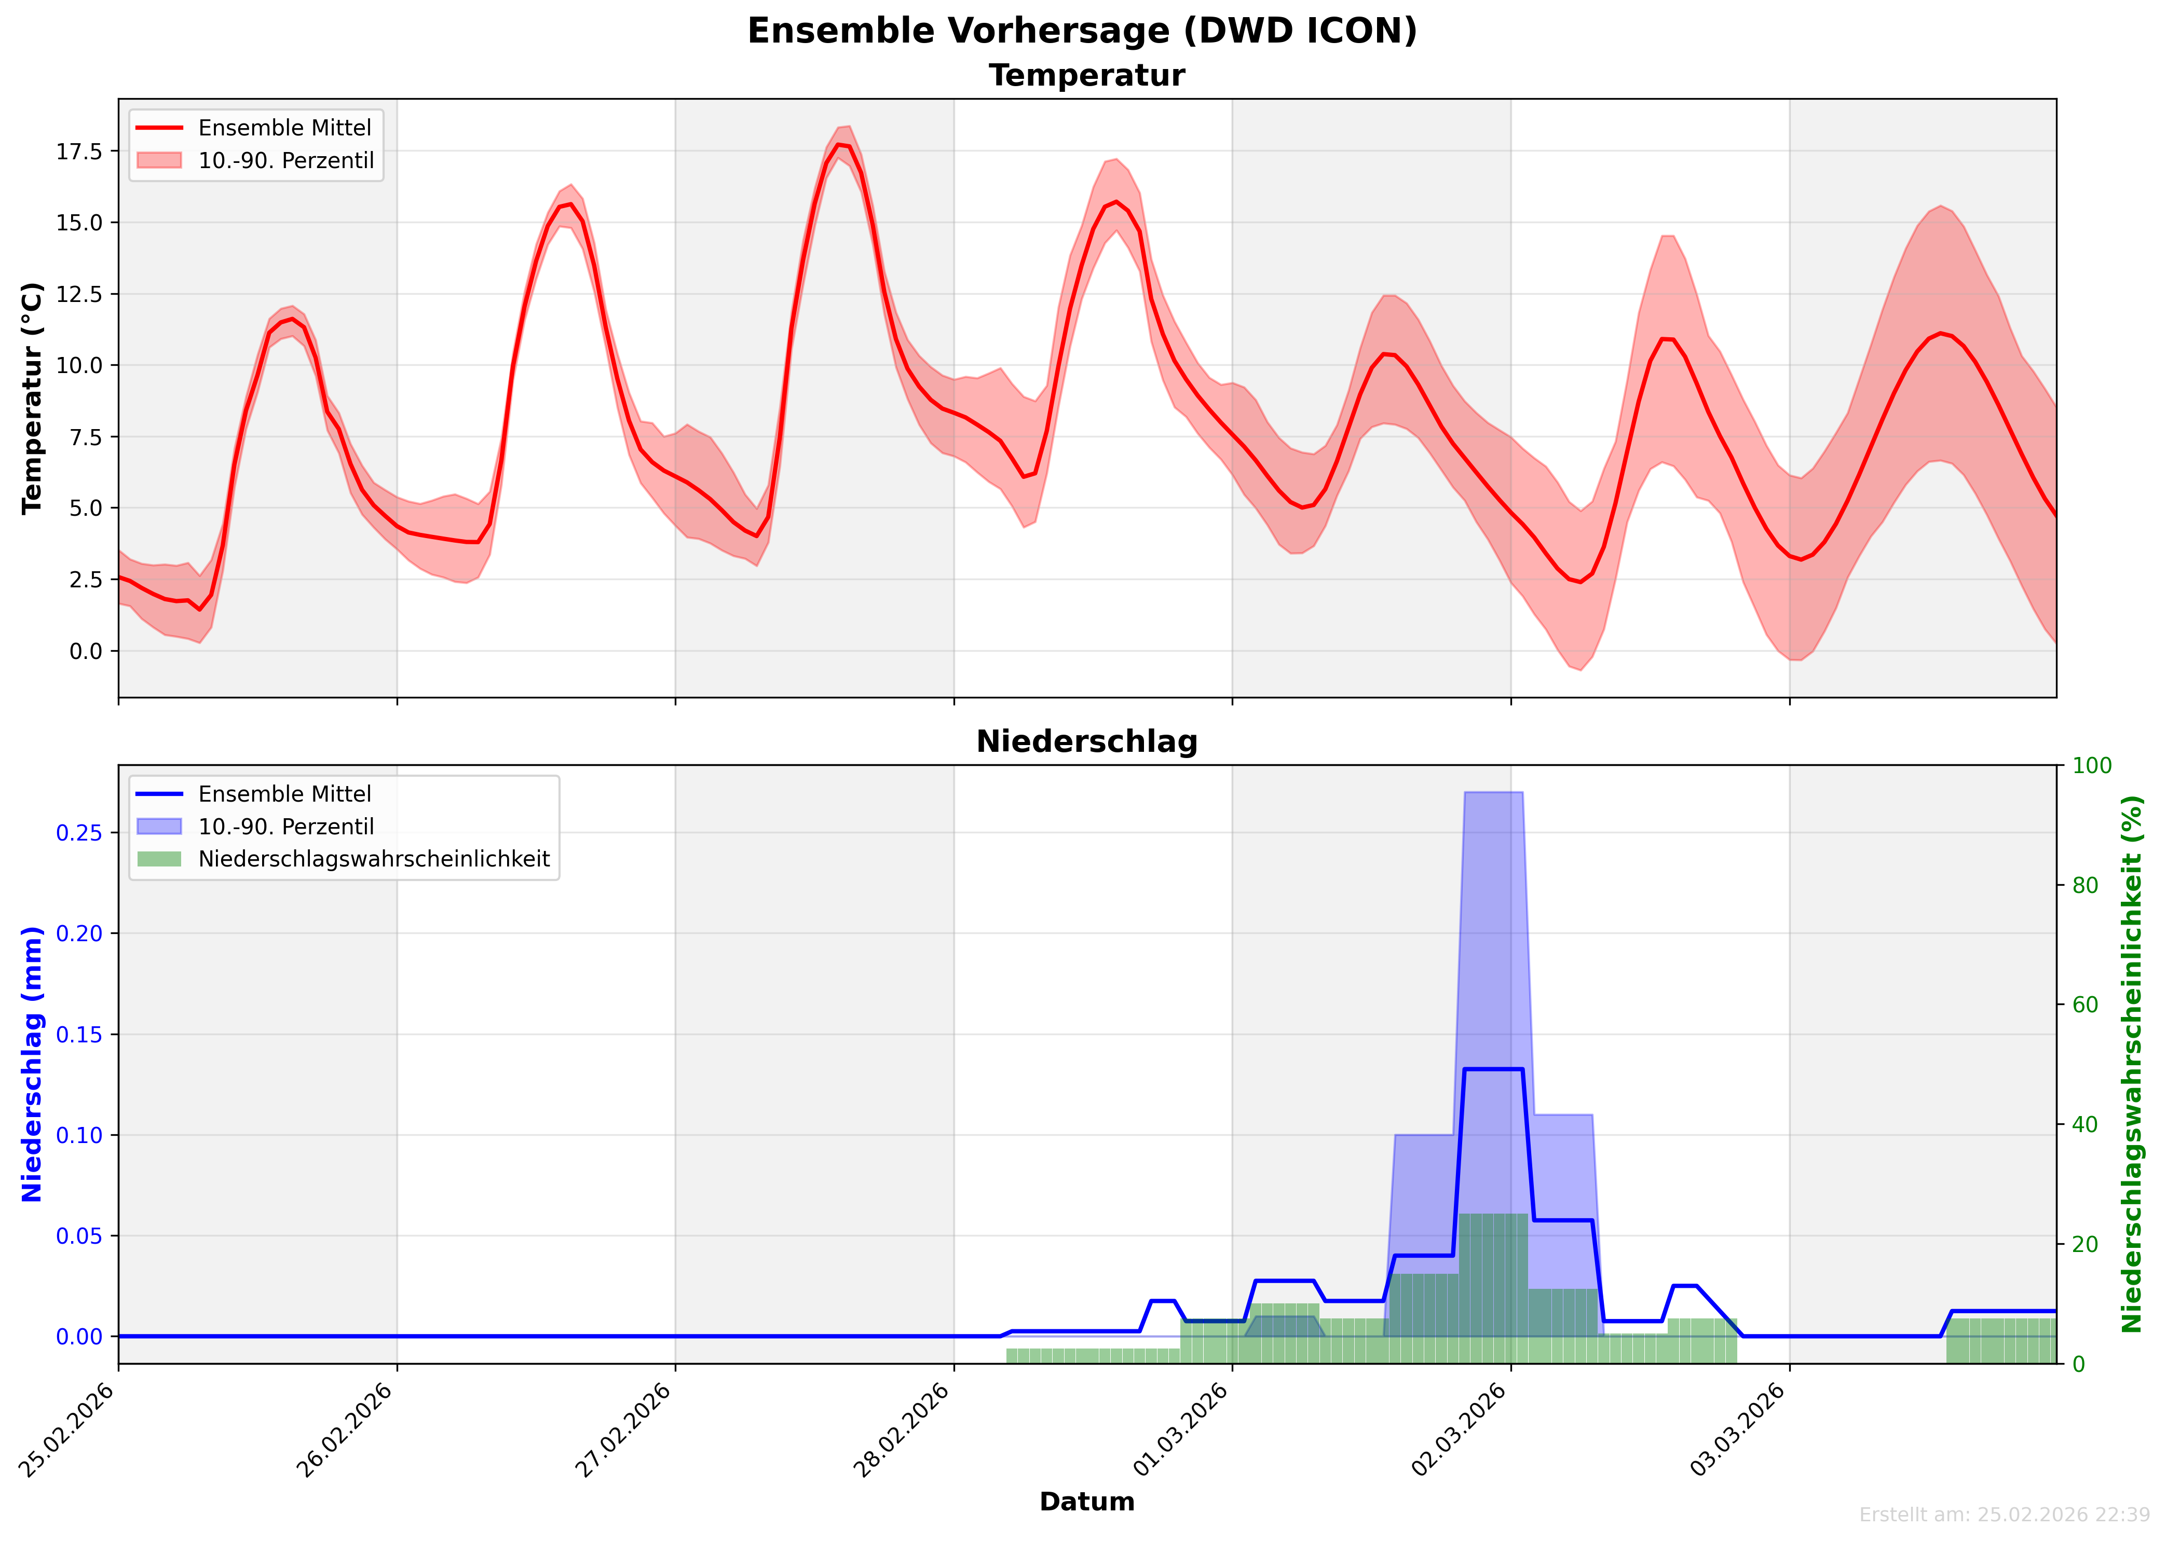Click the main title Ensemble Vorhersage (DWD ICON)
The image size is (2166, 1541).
coord(1082,31)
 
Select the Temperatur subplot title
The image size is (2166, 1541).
coord(1087,76)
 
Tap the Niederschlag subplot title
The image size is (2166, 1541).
coord(1087,742)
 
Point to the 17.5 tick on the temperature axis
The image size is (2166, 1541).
coord(80,152)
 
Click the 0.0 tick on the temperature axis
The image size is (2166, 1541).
coord(86,652)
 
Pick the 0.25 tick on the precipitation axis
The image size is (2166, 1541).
coord(80,833)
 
